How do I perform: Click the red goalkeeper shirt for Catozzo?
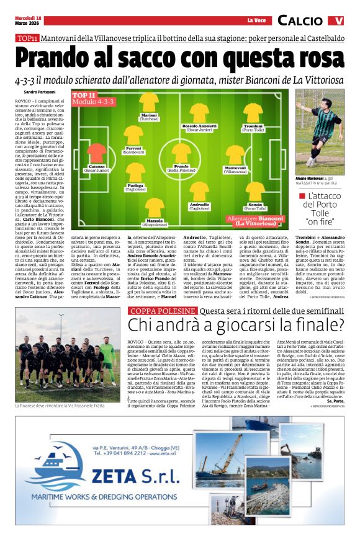[96, 151]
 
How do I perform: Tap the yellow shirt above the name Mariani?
[149, 102]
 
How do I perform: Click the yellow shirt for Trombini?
[253, 112]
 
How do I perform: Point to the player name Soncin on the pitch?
[255, 205]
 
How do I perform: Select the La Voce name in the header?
[256, 21]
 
